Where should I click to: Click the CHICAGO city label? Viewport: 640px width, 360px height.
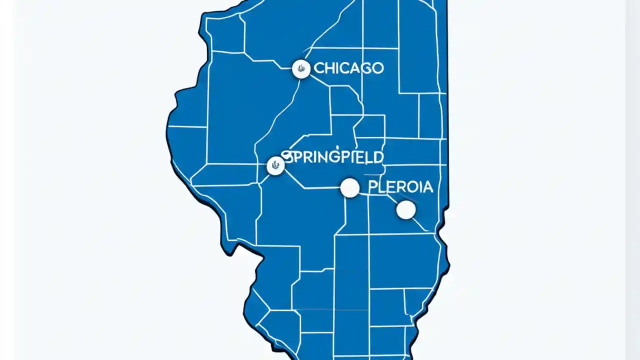(x=348, y=68)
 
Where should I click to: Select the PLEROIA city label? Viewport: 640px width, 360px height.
(x=400, y=187)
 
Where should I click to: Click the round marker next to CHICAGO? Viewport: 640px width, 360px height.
(x=301, y=68)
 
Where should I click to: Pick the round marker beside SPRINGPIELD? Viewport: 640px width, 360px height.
(x=275, y=165)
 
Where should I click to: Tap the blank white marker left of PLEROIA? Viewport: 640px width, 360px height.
(x=350, y=188)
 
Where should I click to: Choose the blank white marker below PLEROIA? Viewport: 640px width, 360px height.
(x=406, y=210)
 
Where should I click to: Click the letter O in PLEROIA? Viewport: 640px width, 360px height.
(x=411, y=187)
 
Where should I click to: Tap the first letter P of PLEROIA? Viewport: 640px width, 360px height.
(x=373, y=187)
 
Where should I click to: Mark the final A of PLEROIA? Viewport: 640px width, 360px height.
(x=427, y=187)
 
